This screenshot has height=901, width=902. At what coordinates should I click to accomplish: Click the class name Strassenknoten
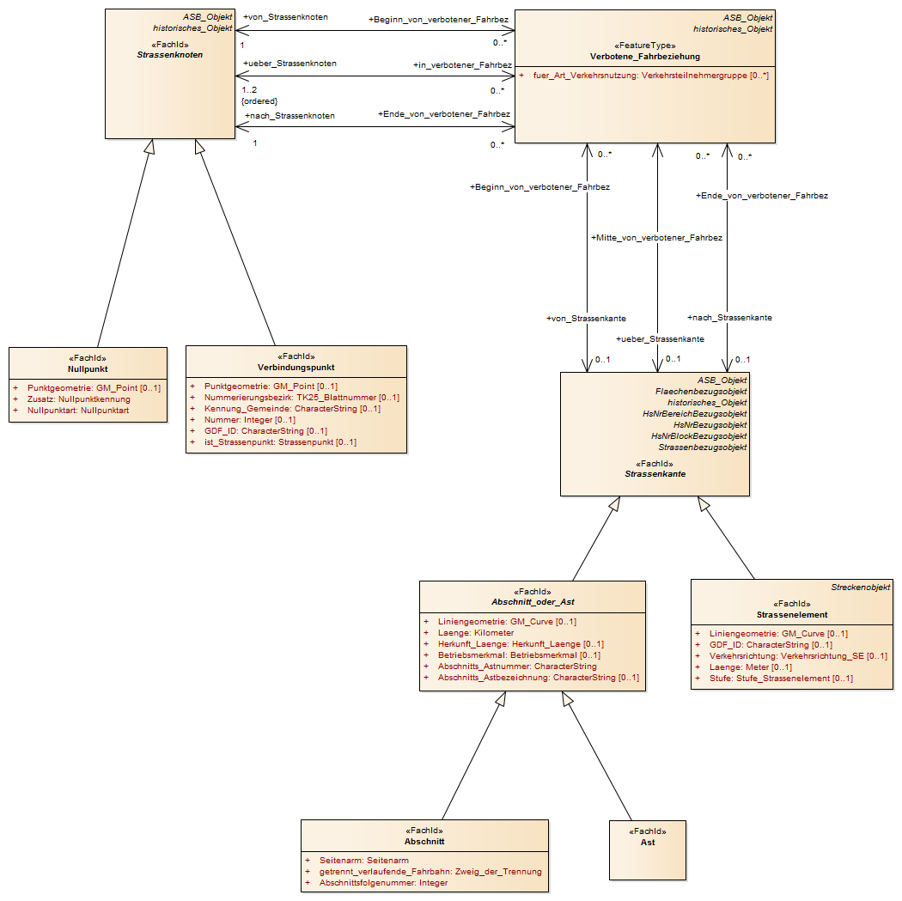pos(170,55)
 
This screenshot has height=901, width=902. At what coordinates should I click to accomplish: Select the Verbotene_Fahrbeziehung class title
pos(645,57)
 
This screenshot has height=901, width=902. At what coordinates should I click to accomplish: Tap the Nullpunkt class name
pos(88,369)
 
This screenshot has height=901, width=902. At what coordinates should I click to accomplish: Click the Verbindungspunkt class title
pos(296,368)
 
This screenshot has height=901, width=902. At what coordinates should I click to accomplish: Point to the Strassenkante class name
pos(655,474)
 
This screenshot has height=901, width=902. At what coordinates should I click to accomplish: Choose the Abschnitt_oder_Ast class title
pos(533,602)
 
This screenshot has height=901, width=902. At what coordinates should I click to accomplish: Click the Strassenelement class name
pos(791,615)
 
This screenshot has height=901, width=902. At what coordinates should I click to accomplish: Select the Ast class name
pos(648,843)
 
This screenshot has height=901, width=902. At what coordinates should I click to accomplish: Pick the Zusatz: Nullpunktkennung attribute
pos(79,399)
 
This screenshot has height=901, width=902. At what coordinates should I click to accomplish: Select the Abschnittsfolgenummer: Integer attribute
pos(383,883)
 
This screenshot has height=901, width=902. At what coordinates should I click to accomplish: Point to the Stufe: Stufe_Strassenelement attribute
pos(781,679)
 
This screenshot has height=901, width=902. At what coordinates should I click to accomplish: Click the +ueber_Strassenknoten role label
pos(289,64)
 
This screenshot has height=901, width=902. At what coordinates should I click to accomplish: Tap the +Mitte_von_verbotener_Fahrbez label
pos(656,237)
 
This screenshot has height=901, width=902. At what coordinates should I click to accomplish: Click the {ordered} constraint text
pos(259,101)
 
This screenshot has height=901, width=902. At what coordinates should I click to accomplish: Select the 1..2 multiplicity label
pos(249,89)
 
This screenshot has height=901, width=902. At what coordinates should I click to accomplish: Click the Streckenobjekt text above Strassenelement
pos(860,587)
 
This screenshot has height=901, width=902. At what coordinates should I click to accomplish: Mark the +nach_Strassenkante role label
pos(729,318)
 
